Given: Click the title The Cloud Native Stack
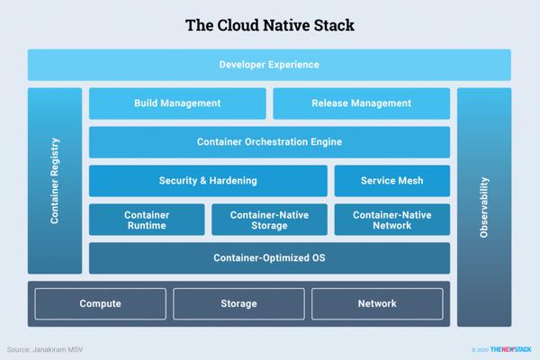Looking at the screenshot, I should coord(270,25).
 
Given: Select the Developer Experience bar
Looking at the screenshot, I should coord(269,65).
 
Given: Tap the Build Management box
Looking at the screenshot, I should coord(177,103).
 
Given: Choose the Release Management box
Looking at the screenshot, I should coord(361,103).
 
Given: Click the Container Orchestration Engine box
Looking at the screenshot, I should coord(269,142).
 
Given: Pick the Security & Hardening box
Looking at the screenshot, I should coord(208,181).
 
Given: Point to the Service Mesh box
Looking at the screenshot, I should coord(391,181).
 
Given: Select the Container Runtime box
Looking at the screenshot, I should coord(147,220).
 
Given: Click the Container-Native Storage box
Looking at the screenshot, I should coord(269,220).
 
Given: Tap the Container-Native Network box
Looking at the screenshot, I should coord(391,220).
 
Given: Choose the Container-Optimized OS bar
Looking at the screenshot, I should coord(269,258).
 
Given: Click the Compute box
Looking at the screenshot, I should coord(101,304).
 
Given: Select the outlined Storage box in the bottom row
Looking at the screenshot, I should coord(238,304).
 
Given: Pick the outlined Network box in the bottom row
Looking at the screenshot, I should coord(377,304).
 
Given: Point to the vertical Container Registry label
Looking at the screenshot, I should coord(55,181).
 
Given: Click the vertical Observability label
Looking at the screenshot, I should coord(484,207).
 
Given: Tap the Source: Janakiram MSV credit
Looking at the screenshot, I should coord(44,349).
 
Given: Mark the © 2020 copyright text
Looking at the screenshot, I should coord(480,350).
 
